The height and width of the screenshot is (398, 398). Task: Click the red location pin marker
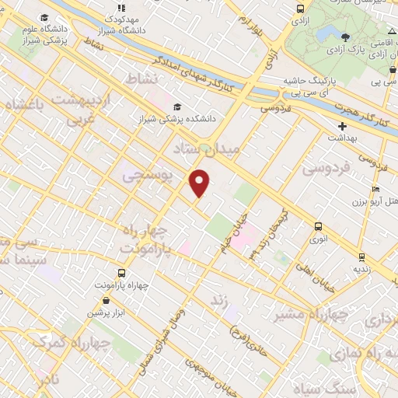pyautogui.click(x=201, y=183)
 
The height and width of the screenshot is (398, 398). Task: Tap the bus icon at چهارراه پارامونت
pyautogui.click(x=120, y=273)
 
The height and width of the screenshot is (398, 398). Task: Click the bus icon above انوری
pyautogui.click(x=317, y=226)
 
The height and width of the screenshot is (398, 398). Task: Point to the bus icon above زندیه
pyautogui.click(x=361, y=257)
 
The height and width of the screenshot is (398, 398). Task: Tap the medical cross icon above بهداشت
pyautogui.click(x=342, y=126)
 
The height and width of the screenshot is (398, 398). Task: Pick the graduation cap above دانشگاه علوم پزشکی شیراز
pyautogui.click(x=44, y=17)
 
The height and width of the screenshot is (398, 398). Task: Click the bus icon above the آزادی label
pyautogui.click(x=300, y=9)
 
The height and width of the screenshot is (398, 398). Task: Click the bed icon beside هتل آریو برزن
pyautogui.click(x=375, y=189)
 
